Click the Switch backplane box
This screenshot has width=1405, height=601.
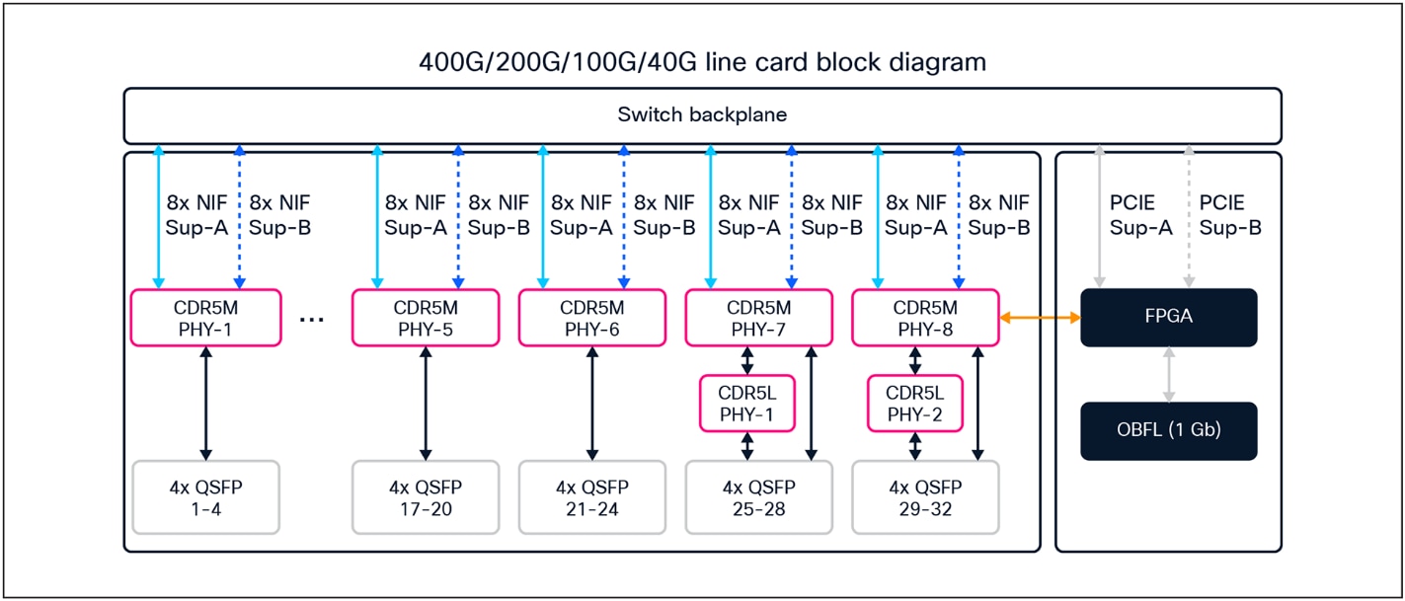[702, 115]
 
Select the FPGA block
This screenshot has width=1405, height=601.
[1169, 318]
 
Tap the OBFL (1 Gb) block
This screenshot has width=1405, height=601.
[1169, 431]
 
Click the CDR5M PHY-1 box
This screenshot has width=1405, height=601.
[205, 318]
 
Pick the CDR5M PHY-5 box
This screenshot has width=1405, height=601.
[426, 318]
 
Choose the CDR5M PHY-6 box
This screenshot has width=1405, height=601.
[592, 318]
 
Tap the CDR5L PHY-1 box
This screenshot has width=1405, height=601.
[747, 403]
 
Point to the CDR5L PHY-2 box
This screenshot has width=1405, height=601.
[914, 403]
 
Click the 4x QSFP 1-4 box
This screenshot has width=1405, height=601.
[205, 497]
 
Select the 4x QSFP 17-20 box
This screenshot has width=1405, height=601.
[426, 497]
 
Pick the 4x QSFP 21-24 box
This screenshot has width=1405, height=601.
[592, 497]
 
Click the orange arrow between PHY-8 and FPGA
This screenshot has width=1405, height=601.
[1041, 318]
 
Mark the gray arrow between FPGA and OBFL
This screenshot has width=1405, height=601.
[1169, 374]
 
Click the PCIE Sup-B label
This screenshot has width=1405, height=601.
[1230, 215]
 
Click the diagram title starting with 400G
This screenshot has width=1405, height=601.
[702, 62]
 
